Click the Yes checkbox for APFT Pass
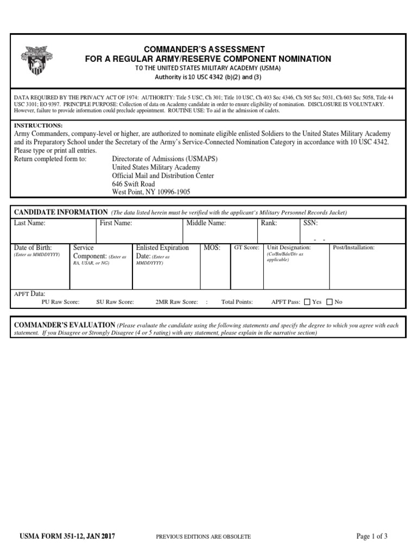coord(307,302)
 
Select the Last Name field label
coord(30,223)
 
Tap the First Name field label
coord(116,223)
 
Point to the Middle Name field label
coord(206,223)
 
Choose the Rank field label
coord(269,223)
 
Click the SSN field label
coord(311,223)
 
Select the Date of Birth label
coord(33,248)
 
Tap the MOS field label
coord(212,248)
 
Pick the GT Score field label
coord(246,248)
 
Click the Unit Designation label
coord(289,248)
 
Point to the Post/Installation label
coord(353,248)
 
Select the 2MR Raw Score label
coord(176,302)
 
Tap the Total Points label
coord(237,302)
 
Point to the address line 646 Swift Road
coord(134,184)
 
